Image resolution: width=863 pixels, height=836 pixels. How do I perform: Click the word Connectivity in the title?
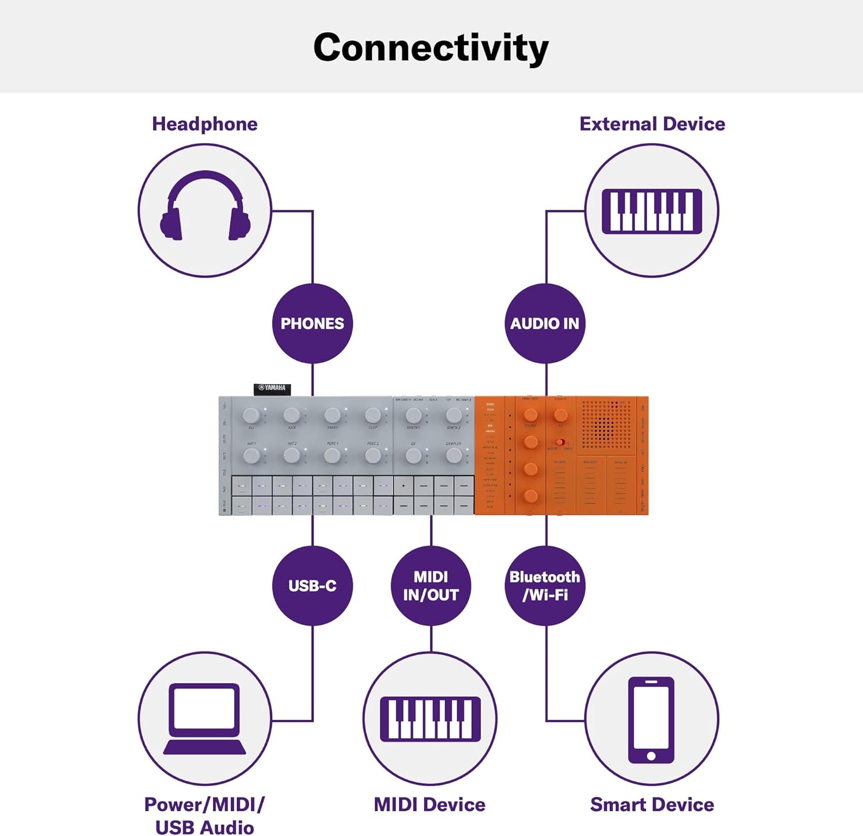pos(431,48)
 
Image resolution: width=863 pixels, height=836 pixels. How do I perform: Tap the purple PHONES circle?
pos(312,323)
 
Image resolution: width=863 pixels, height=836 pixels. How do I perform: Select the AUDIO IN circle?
pos(545,323)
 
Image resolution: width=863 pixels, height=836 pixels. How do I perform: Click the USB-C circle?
pos(312,585)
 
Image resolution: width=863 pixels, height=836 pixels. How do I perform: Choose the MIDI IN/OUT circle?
pos(431,585)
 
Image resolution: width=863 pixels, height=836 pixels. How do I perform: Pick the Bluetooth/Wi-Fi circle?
pos(545,585)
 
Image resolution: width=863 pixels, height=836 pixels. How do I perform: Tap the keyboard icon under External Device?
pos(651,210)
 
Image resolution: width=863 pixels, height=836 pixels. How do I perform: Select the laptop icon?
pos(205,718)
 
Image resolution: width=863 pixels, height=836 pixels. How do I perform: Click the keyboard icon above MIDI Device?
pos(430,719)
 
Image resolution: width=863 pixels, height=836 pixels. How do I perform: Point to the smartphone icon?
pos(651,719)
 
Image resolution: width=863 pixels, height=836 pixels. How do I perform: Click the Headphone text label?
pos(205,124)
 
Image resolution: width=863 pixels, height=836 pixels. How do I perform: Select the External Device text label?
pos(652,124)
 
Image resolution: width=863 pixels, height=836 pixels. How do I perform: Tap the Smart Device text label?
pos(652,804)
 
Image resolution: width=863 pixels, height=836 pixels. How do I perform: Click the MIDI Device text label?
pos(430,804)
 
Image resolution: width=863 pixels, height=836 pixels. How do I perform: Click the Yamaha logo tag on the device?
pos(272,389)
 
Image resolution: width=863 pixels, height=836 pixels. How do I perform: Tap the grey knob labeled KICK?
pos(292,415)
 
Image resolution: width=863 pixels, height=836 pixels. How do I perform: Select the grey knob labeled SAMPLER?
pos(453,456)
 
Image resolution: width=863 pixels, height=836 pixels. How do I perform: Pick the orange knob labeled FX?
pos(560,415)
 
